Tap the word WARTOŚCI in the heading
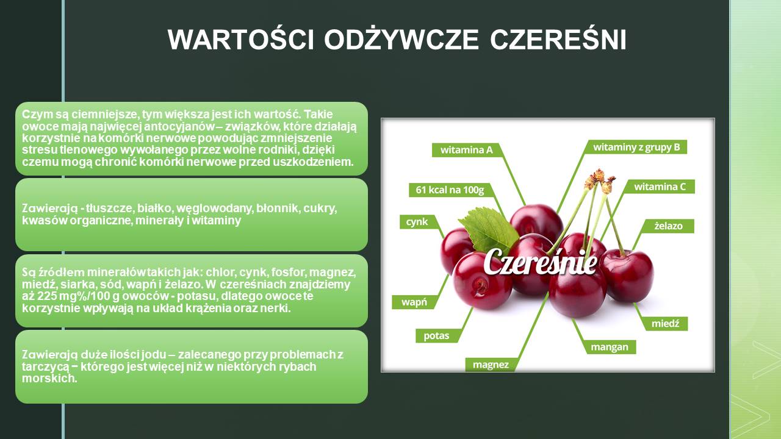241,40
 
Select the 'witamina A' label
467,150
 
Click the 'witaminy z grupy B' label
636,147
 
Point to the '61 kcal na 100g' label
450,190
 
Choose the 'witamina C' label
660,187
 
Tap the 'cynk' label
417,222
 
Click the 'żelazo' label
668,226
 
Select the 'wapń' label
414,302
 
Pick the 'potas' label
436,336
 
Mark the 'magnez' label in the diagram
491,365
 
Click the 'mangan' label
610,347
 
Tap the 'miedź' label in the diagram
665,324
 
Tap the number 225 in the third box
47,296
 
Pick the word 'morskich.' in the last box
49,379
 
